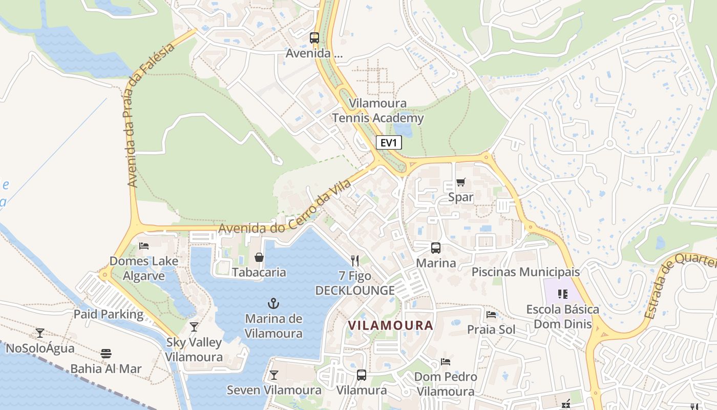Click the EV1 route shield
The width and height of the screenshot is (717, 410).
(389, 142)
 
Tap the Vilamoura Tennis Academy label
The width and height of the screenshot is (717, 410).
(378, 111)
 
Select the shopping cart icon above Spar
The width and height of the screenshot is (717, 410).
(460, 182)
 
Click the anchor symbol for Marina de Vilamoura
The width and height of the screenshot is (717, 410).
(273, 303)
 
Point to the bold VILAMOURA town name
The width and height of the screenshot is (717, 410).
(390, 325)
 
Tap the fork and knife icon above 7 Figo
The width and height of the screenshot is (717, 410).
(355, 260)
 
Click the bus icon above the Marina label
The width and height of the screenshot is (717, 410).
(435, 248)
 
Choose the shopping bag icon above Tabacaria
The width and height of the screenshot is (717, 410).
(259, 257)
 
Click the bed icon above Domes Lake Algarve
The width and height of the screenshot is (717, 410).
(144, 246)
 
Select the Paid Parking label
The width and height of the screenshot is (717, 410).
(109, 314)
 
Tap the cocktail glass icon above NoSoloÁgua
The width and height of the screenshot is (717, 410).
(40, 333)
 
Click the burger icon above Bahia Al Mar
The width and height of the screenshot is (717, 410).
(106, 353)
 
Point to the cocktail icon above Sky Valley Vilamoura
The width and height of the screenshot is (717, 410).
(194, 327)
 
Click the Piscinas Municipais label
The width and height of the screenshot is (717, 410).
(525, 272)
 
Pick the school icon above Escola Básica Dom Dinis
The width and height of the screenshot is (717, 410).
(563, 294)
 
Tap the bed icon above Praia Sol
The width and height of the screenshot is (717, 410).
(491, 314)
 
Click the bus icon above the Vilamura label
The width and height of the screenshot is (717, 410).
(362, 375)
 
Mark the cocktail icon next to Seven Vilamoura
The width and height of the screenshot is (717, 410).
(274, 375)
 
